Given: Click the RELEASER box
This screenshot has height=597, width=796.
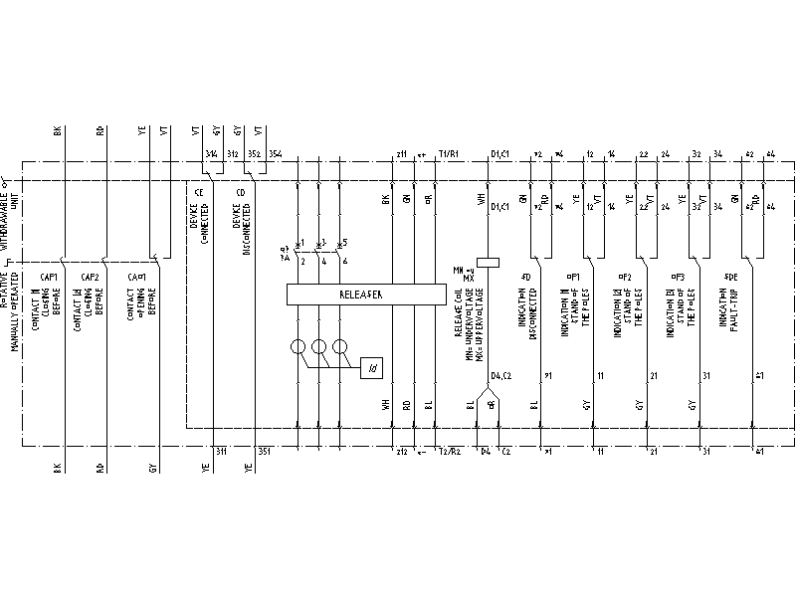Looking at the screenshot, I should pyautogui.click(x=365, y=295).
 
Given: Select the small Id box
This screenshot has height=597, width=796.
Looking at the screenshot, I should pyautogui.click(x=372, y=367).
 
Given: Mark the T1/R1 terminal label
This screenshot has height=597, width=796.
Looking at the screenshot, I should pyautogui.click(x=449, y=154).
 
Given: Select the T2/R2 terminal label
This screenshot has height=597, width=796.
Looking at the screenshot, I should pyautogui.click(x=449, y=452).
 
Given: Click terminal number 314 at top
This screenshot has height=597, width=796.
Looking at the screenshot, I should pyautogui.click(x=210, y=154).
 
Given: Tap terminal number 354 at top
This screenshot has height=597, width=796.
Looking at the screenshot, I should pyautogui.click(x=275, y=154).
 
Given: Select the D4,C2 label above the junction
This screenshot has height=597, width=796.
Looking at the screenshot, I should pyautogui.click(x=500, y=374).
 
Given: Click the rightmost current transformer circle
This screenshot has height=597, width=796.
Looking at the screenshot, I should pyautogui.click(x=341, y=348).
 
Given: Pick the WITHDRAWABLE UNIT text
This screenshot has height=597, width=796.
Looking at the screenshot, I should pyautogui.click(x=8, y=214).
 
